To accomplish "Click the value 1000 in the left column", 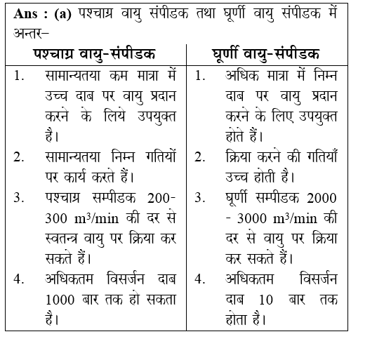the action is [x=55, y=299].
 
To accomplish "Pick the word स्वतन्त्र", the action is [x=63, y=238].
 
